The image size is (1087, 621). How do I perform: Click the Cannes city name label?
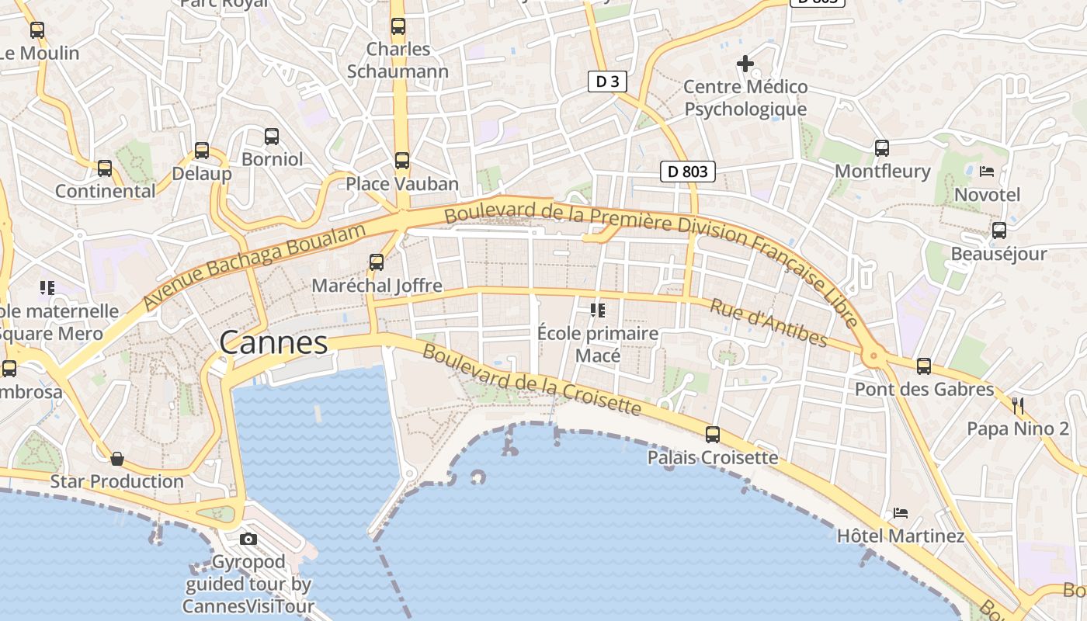(x=273, y=342)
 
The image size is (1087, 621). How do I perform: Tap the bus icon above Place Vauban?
(x=401, y=161)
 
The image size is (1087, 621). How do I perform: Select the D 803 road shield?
(x=687, y=172)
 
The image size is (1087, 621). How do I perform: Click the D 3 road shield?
(x=606, y=82)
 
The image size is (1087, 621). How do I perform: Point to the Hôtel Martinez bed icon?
(x=901, y=513)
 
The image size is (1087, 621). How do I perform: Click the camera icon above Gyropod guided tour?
(x=248, y=539)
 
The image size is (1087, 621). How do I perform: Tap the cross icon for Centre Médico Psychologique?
(x=745, y=64)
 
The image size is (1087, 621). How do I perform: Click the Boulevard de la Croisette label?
(x=532, y=380)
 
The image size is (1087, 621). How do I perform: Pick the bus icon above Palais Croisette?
(x=713, y=435)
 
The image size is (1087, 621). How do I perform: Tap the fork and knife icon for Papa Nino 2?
(x=1018, y=405)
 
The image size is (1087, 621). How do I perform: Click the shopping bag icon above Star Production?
(x=117, y=459)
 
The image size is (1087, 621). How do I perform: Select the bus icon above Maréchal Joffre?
(x=377, y=262)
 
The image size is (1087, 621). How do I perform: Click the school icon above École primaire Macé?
(x=598, y=310)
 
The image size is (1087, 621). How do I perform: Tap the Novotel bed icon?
(x=987, y=171)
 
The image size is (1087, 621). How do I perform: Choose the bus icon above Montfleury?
(x=882, y=147)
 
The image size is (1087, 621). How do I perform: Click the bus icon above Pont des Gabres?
(x=924, y=366)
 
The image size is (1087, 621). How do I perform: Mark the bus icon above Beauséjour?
(x=999, y=231)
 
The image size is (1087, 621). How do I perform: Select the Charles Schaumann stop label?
(x=398, y=61)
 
